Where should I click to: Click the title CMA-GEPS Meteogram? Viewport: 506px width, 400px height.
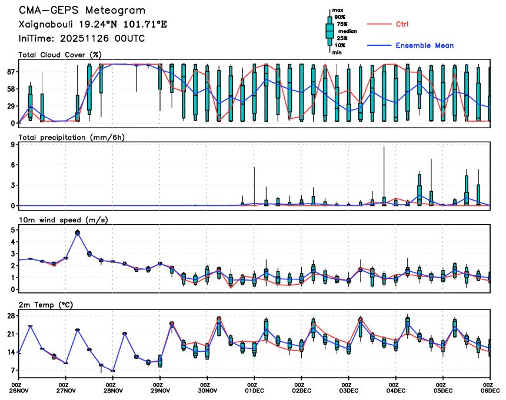tap(82, 11)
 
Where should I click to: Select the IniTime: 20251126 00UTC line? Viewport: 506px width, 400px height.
tap(82, 39)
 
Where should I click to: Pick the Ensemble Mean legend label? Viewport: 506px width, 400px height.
tap(424, 45)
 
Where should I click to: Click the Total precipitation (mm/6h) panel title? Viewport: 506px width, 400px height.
tap(71, 137)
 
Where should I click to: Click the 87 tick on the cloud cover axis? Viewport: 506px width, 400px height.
tap(9, 72)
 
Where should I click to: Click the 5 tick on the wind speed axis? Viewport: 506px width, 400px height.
tap(12, 229)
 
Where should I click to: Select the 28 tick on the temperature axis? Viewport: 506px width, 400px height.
tap(9, 315)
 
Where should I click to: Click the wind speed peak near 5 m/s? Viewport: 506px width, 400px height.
tap(78, 233)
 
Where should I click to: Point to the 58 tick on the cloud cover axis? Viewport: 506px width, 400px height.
tap(9, 89)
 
